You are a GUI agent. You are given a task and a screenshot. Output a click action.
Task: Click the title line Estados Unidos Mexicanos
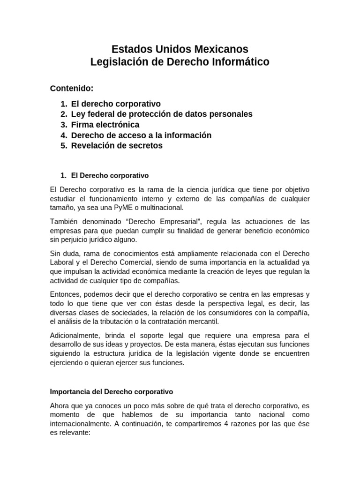point(180,49)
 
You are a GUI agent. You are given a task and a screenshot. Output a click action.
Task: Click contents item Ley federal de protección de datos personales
point(162,114)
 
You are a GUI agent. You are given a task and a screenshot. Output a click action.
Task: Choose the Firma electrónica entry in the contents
point(105,125)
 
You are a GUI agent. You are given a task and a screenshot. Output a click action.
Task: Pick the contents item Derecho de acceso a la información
point(141,135)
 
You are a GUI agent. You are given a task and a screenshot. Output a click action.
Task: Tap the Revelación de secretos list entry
point(117,145)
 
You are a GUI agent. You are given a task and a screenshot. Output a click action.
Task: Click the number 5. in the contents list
point(64,145)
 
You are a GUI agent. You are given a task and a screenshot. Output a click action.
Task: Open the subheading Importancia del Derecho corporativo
point(112,391)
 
